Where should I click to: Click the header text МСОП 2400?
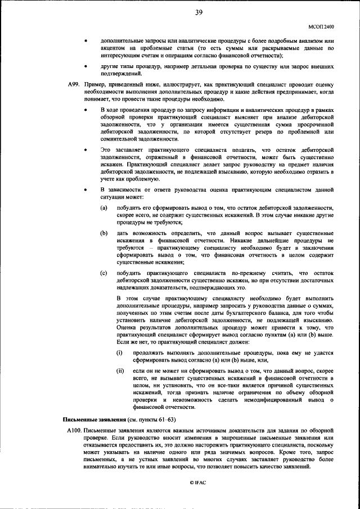point(322,26)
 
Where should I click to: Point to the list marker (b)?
point(104,232)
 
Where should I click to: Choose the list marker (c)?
point(104,272)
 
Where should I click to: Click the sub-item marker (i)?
point(119,353)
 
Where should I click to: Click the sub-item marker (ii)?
point(120,371)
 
